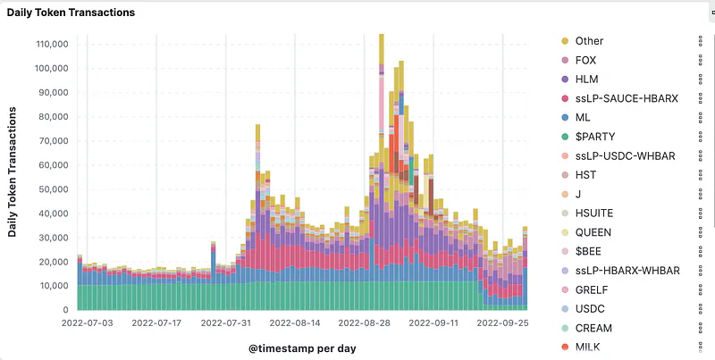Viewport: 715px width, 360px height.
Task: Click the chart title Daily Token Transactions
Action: pos(71,13)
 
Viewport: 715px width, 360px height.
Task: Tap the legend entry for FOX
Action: pos(586,60)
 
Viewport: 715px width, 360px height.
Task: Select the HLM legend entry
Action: pos(587,80)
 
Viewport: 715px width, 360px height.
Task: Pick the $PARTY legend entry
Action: pos(594,137)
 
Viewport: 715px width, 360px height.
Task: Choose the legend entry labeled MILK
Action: pos(588,347)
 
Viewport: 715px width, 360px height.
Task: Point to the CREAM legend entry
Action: pos(593,328)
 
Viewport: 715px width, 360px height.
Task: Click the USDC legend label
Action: pos(590,309)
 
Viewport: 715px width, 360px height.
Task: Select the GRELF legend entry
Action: pos(593,289)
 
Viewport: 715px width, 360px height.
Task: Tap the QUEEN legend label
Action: pos(593,232)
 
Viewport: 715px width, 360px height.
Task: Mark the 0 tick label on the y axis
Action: pos(65,310)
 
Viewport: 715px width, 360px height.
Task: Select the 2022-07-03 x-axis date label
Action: pos(88,323)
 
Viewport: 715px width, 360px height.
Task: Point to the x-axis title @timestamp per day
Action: pos(302,347)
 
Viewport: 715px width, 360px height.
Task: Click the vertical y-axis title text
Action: pos(13,172)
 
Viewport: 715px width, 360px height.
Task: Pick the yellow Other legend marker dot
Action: pos(564,41)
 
